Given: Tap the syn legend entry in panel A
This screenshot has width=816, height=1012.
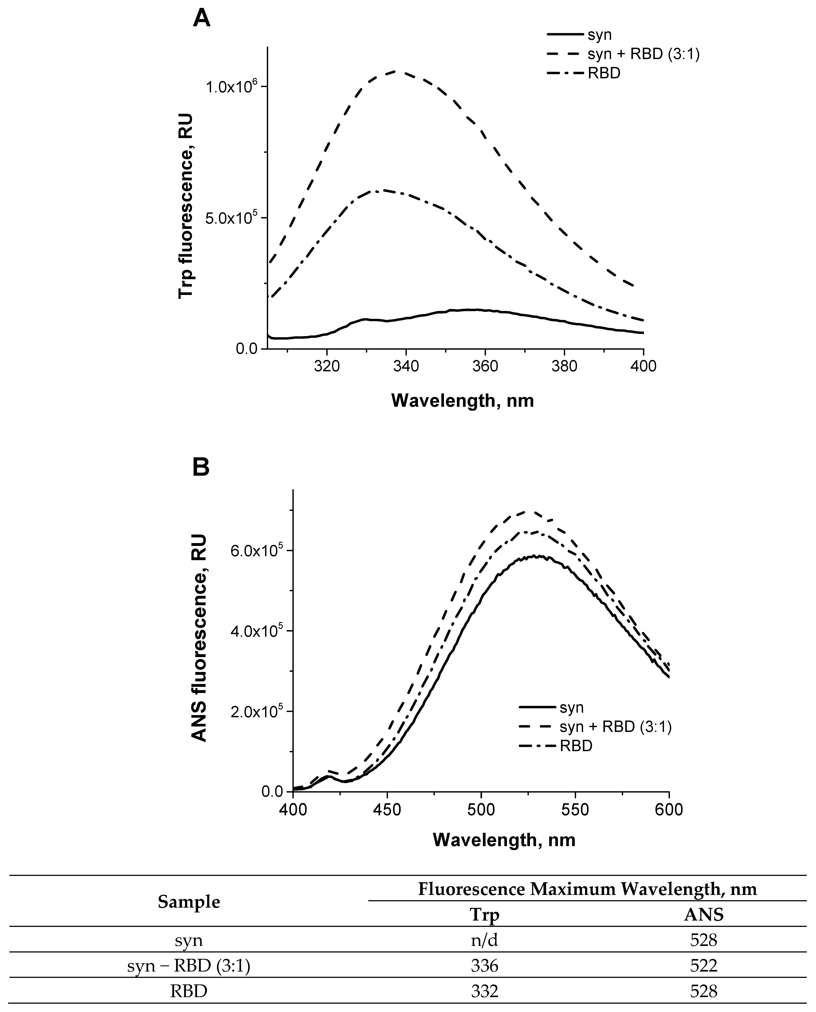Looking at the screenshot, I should tap(599, 35).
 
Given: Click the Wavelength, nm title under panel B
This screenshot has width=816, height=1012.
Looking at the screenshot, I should tap(504, 840).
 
